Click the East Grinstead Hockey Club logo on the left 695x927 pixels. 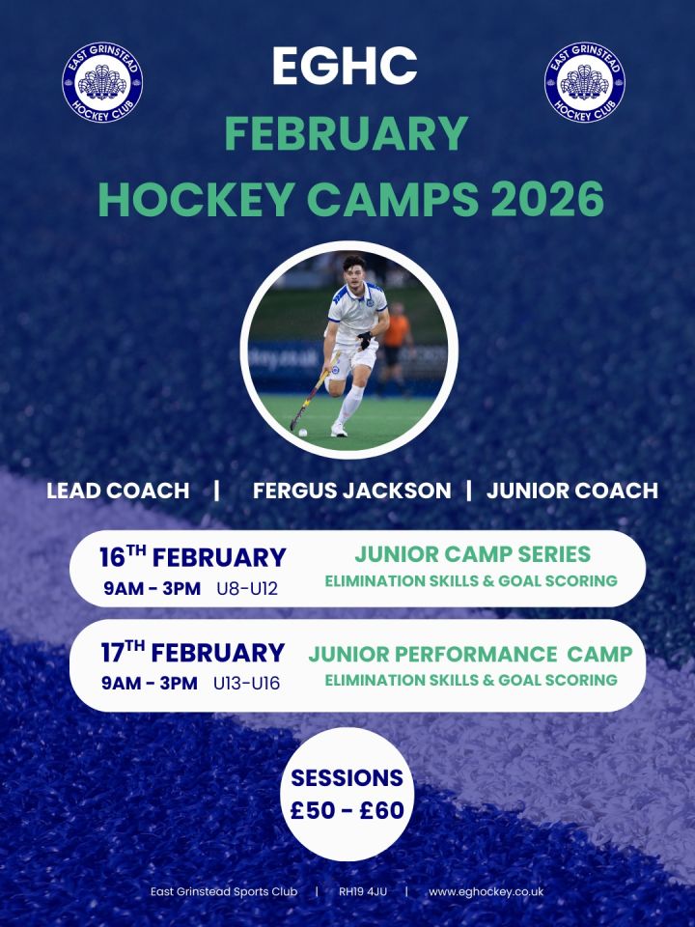tap(102, 82)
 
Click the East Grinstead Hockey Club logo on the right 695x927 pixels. tap(585, 82)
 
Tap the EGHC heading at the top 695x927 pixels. tap(346, 66)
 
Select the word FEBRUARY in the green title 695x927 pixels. tap(347, 133)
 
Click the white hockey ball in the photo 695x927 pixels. tap(302, 433)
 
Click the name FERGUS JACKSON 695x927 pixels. tap(351, 491)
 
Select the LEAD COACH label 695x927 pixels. tap(118, 491)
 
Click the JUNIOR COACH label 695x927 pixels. tap(572, 491)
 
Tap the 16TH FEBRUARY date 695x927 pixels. tap(193, 557)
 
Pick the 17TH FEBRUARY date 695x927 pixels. tap(193, 652)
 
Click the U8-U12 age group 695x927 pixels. tap(247, 589)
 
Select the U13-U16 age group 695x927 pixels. tap(246, 684)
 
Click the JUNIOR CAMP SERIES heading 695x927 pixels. tap(472, 554)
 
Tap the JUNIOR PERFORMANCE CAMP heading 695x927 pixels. tap(470, 655)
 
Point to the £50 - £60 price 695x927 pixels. tap(347, 810)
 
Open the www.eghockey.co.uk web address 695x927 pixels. tap(486, 891)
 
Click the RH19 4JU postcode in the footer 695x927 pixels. tap(363, 891)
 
